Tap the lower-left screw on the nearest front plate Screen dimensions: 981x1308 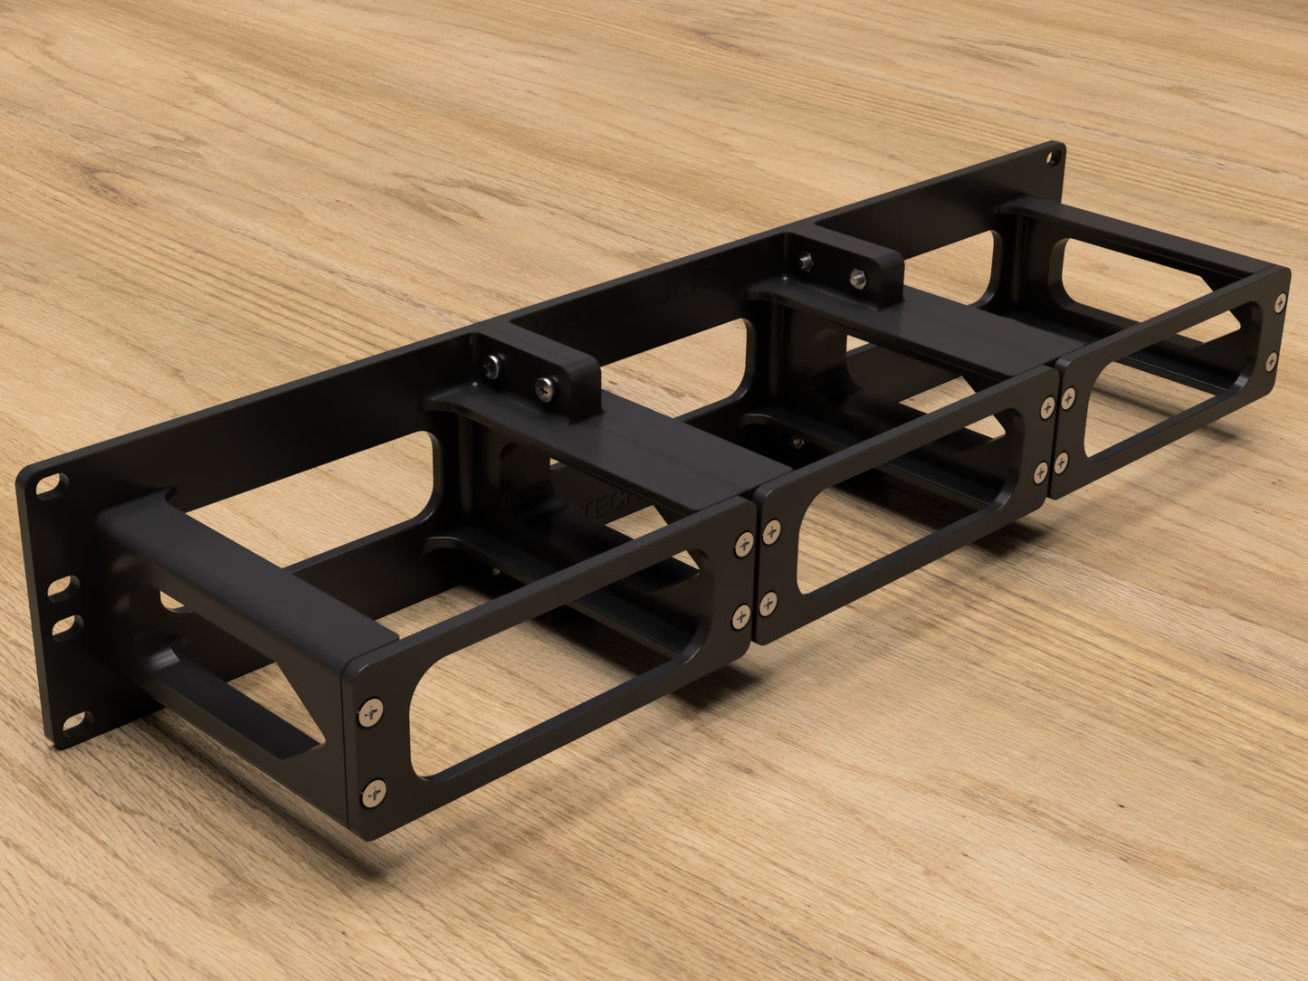(373, 793)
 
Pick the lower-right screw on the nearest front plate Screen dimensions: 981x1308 (742, 616)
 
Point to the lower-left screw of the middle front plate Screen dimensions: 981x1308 (769, 603)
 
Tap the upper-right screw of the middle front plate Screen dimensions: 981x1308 (1047, 408)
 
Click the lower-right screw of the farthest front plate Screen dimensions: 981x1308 (1271, 363)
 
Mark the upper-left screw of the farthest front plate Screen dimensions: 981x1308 (1068, 398)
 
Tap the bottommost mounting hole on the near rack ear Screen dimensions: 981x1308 (73, 721)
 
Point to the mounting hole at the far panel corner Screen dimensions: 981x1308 (1053, 158)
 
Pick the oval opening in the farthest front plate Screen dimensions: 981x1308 (1168, 380)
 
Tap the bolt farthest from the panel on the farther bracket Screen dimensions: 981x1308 (855, 276)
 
